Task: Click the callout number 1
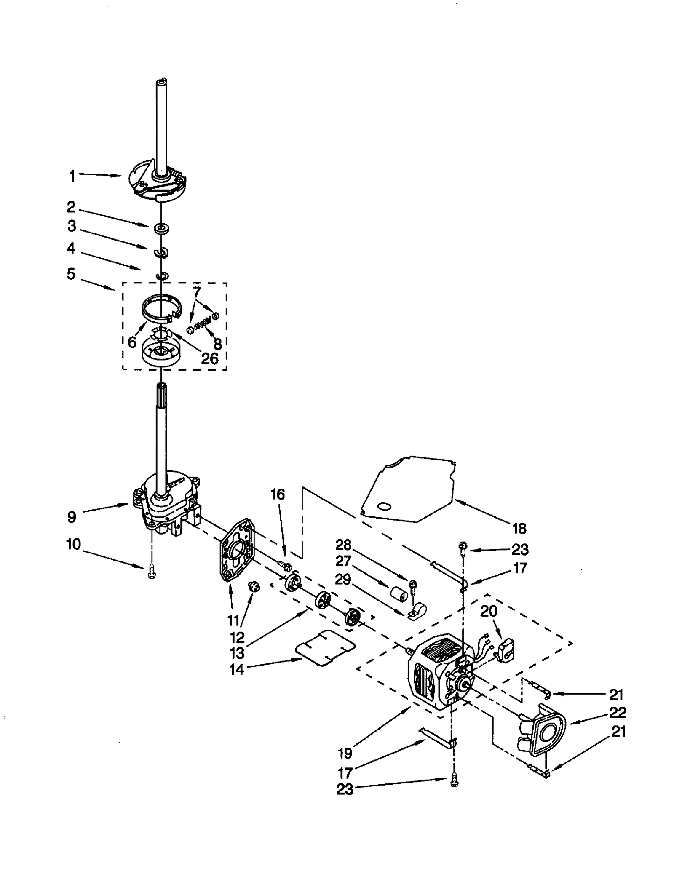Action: pyautogui.click(x=72, y=175)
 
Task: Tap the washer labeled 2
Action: pyautogui.click(x=161, y=229)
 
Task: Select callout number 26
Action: pyautogui.click(x=209, y=358)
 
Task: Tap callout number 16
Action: pyautogui.click(x=277, y=494)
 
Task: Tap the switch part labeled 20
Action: pyautogui.click(x=505, y=651)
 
